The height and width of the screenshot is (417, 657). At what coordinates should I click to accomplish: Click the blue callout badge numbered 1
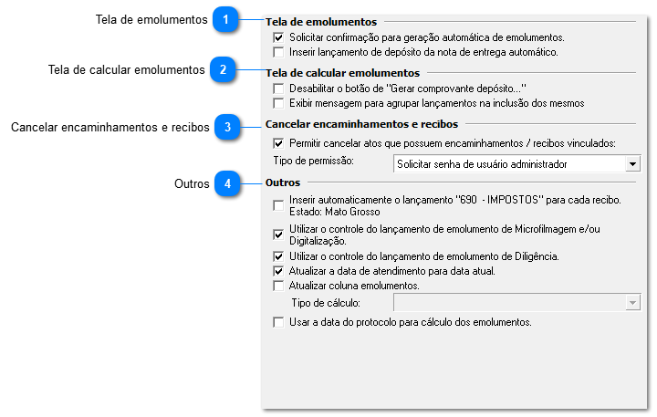point(226,20)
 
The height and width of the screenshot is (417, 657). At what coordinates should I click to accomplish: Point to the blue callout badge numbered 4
point(228,184)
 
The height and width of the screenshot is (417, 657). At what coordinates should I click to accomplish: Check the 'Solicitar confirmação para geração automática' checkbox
point(278,38)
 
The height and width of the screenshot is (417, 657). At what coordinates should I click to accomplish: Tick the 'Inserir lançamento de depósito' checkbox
point(278,52)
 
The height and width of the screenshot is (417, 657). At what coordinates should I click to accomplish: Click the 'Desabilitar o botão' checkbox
point(278,89)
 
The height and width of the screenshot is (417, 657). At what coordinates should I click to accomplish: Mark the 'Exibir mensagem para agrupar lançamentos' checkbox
point(278,103)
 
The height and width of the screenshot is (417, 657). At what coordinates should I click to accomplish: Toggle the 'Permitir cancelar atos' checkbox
point(278,143)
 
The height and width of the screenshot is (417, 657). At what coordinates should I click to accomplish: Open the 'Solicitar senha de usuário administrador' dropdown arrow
point(632,164)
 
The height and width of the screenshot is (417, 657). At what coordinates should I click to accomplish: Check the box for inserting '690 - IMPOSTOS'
point(278,205)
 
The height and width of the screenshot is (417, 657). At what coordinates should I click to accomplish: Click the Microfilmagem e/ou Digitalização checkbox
point(278,235)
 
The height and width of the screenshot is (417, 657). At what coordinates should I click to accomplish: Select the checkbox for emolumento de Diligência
point(278,256)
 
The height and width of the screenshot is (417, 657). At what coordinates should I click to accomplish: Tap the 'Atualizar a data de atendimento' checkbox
point(278,271)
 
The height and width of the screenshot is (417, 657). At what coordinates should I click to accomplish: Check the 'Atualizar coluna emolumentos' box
point(278,286)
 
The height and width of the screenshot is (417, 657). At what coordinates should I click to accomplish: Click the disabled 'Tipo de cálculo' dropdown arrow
point(632,303)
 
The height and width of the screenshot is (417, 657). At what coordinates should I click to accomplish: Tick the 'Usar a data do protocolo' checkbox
point(278,322)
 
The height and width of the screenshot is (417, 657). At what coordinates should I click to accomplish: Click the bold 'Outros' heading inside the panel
point(283,183)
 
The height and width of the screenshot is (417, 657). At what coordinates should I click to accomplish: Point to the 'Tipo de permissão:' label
point(313,161)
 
